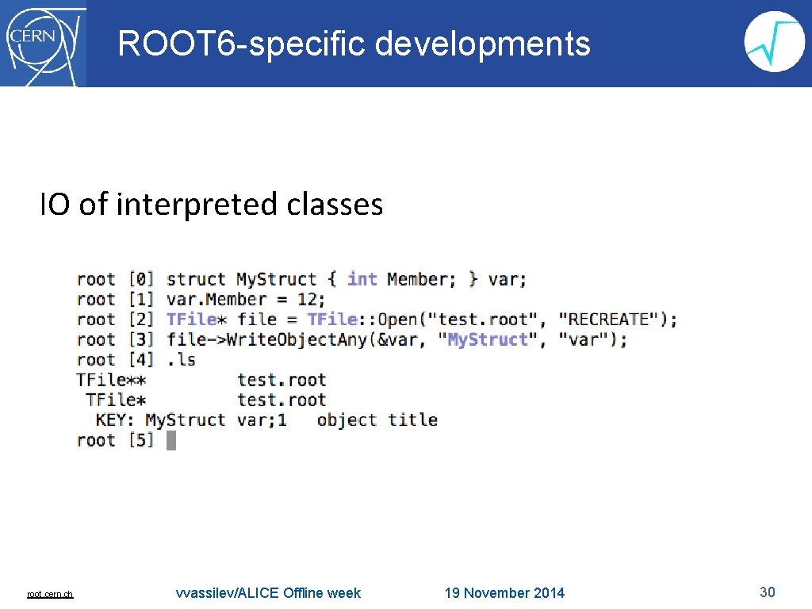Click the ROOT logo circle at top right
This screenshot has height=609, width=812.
click(x=775, y=43)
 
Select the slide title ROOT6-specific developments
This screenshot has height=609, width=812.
click(x=354, y=44)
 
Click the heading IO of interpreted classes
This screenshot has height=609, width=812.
click(x=212, y=205)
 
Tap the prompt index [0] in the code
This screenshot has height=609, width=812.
click(x=140, y=279)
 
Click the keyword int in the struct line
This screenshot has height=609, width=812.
click(x=362, y=279)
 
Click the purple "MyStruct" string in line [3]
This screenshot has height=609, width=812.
click(x=488, y=339)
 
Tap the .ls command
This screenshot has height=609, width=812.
click(x=181, y=360)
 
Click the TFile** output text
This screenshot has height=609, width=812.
click(x=111, y=380)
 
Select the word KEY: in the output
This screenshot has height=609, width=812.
click(x=116, y=419)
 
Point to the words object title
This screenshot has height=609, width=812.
click(x=377, y=419)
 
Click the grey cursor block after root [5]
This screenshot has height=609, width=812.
click(x=171, y=440)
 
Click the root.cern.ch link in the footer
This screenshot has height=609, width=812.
click(x=50, y=594)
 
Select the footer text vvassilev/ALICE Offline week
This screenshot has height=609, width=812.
click(x=268, y=593)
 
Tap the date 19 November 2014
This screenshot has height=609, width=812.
click(x=504, y=593)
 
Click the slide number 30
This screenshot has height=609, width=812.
click(x=767, y=592)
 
